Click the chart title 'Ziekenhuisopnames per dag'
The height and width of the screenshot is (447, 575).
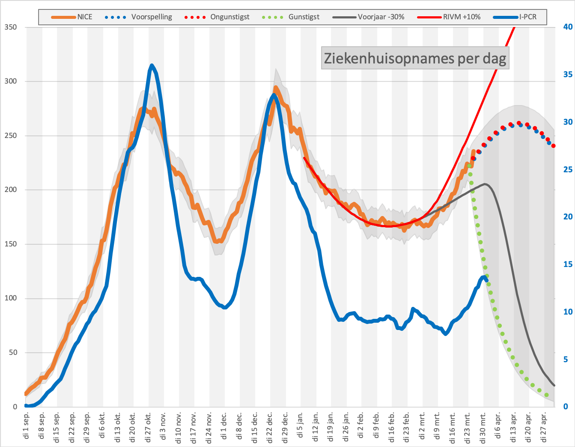tap(415, 58)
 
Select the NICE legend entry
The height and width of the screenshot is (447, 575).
tap(72, 17)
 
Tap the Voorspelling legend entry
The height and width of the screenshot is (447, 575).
tap(138, 17)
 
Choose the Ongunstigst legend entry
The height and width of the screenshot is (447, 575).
tap(217, 17)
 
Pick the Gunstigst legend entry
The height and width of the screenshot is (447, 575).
tap(291, 17)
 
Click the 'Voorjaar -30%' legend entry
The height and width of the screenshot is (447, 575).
tap(368, 17)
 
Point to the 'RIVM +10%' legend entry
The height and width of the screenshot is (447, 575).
tap(449, 17)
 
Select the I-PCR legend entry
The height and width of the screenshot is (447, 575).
tap(515, 17)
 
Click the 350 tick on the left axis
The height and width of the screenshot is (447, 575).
tap(11, 27)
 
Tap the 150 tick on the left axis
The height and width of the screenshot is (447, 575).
tap(11, 244)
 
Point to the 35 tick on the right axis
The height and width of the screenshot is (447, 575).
tap(568, 75)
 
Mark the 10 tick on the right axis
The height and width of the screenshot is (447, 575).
tap(568, 312)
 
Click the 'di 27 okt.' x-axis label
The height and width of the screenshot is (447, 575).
tap(148, 427)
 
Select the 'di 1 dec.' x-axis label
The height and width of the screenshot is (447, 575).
tap(224, 426)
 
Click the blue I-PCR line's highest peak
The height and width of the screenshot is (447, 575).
tap(152, 65)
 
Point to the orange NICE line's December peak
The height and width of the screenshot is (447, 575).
tap(275, 87)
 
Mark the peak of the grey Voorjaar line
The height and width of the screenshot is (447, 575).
tap(485, 184)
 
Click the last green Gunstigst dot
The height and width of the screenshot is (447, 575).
tap(546, 395)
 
